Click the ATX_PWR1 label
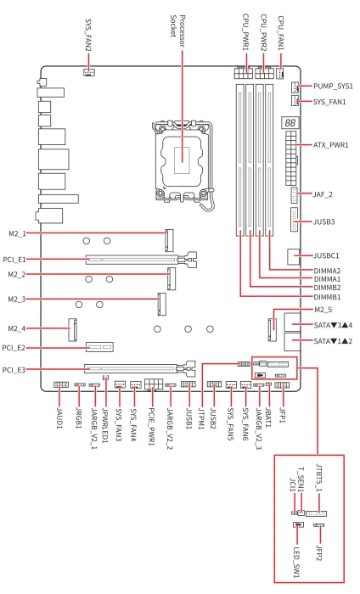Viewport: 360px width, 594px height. coord(331,145)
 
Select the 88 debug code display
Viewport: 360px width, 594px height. coord(290,123)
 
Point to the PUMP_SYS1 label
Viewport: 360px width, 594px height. coord(333,87)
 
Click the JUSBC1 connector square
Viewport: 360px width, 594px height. coord(293,256)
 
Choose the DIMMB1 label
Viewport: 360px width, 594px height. coord(327,297)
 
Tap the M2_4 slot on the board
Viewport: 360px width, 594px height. coord(73,329)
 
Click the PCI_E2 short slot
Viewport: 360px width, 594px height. coord(99,346)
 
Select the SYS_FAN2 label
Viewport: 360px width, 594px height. coord(88,36)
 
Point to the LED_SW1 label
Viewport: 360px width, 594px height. coord(296,562)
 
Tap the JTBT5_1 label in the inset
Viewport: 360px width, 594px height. coord(319,478)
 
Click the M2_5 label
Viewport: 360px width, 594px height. coord(323,310)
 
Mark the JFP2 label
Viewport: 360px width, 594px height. coord(319,553)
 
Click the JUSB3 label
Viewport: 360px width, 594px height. coord(324,221)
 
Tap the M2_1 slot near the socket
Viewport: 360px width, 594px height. coord(169,240)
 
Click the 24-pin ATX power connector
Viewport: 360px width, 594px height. coord(291,158)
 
